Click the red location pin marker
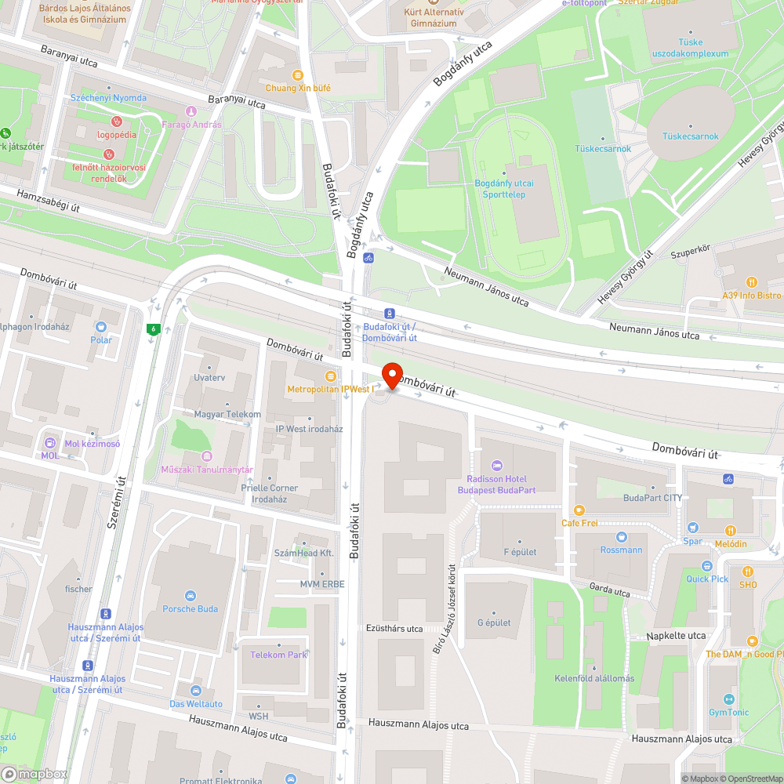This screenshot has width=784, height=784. coord(391,374)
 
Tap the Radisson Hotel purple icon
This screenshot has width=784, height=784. coord(495,466)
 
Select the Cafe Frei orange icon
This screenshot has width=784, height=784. coord(579,510)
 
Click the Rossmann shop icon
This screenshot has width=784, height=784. coord(622,537)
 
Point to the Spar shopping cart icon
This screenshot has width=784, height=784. coord(692,528)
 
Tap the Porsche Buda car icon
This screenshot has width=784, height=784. coord(191,596)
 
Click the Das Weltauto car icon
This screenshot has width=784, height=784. coord(195,691)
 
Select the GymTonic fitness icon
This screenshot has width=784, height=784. coord(728,699)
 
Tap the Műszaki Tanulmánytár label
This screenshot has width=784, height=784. coord(206,470)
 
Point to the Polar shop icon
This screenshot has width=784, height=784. coord(100,327)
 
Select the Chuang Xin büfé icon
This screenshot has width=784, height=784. coord(297,75)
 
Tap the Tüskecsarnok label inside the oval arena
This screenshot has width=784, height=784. coord(690,136)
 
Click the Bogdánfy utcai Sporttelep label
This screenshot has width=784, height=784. coord(504,189)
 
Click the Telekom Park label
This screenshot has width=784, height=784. coord(278,655)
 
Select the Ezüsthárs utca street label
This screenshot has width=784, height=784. coord(394,629)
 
